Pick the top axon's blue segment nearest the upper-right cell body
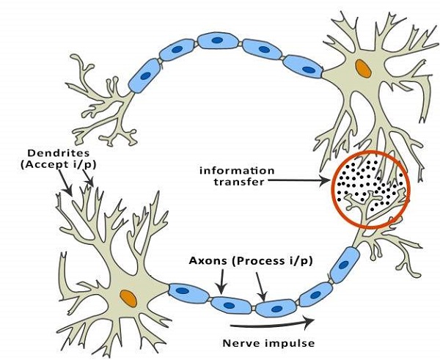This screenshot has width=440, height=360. tap(306, 67)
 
